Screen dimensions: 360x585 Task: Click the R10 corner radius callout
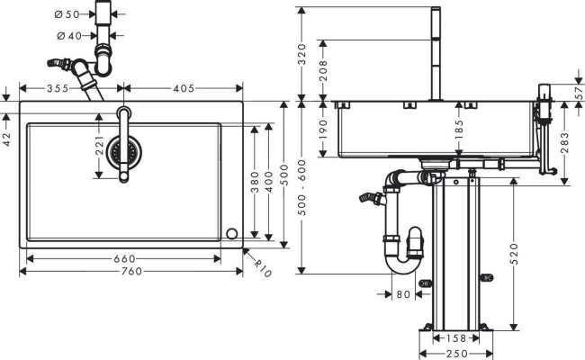pos(262,266)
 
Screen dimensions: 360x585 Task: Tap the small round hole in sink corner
pos(232,233)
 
